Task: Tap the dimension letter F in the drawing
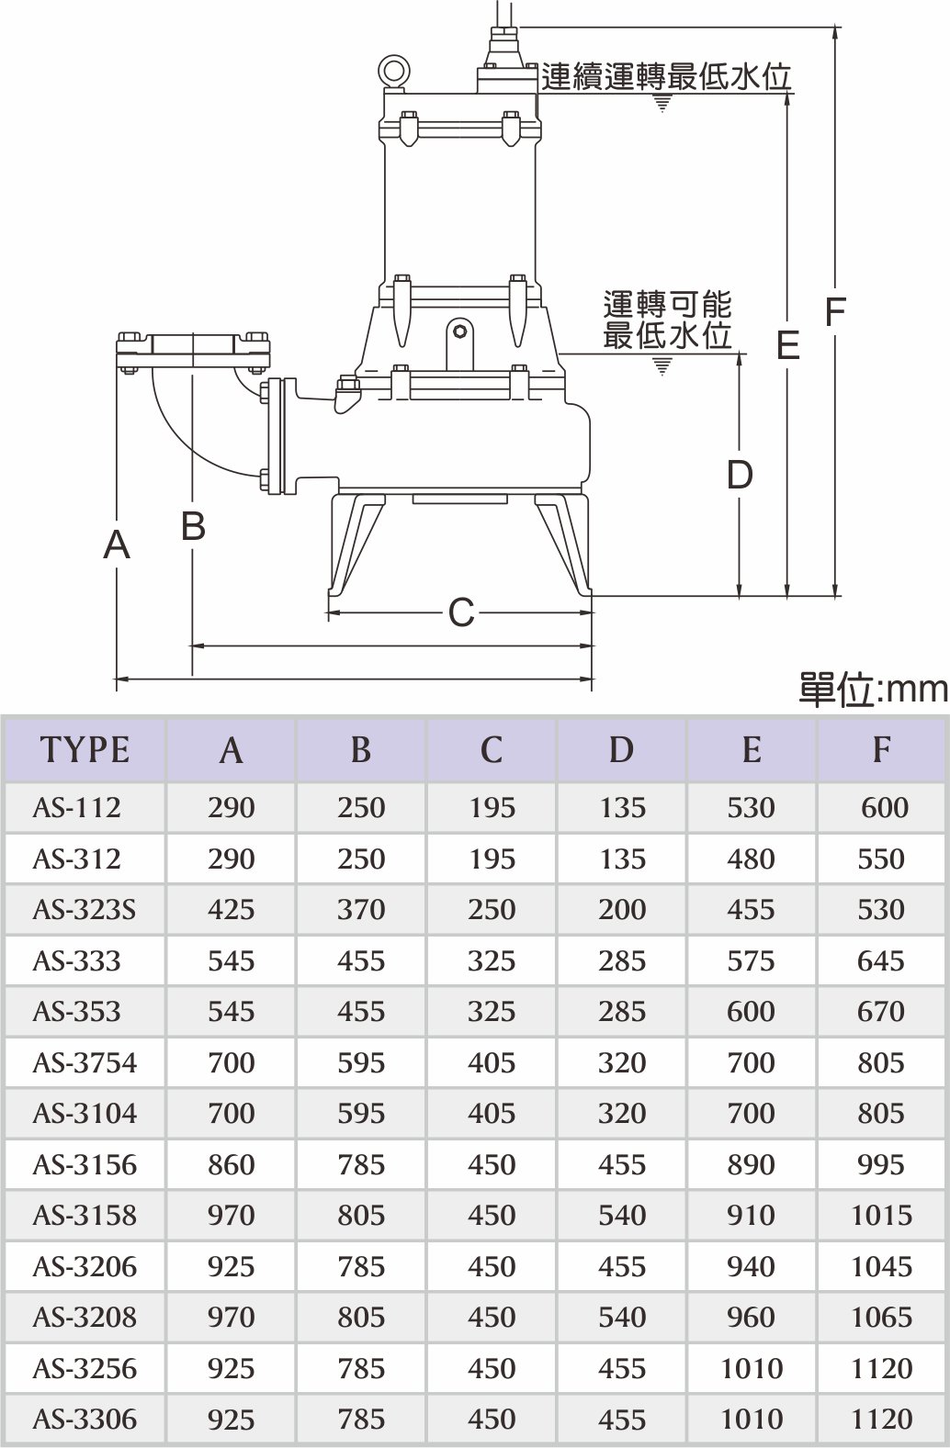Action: pos(834,313)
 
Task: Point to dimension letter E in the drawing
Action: pos(787,345)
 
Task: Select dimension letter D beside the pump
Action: pos(740,475)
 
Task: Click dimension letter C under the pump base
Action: pos(461,612)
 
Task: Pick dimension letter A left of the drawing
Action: pos(117,545)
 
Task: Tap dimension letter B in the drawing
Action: pos(193,527)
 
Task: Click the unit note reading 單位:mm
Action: pos(872,690)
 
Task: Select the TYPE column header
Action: pos(85,750)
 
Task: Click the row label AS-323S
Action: pos(85,910)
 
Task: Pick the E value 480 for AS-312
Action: pos(752,859)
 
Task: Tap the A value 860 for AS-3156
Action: pos(231,1165)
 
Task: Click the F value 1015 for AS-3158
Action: pos(882,1216)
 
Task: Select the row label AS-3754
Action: pos(85,1063)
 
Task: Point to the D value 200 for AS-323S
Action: pos(622,910)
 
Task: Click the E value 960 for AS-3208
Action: pos(752,1318)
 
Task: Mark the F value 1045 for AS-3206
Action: pos(882,1267)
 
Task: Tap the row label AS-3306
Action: pos(85,1420)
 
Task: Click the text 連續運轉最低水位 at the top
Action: pos(666,77)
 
